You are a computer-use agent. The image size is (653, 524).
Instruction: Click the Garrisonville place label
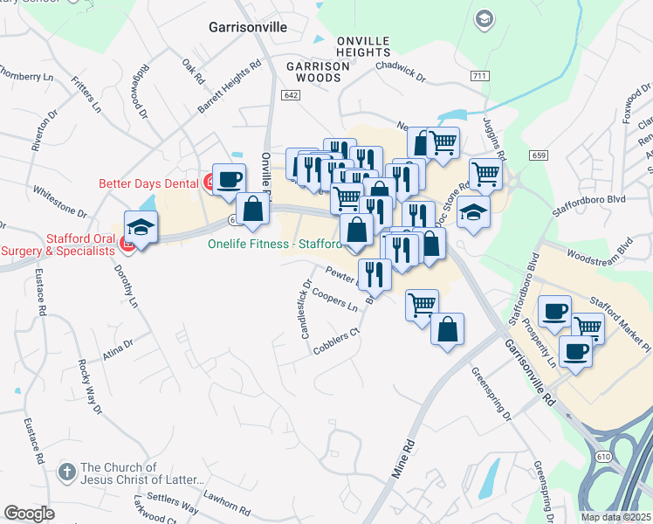[x=248, y=27]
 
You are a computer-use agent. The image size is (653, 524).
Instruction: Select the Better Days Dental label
[x=149, y=183]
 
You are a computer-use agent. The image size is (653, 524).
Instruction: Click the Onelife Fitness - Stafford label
[x=273, y=244]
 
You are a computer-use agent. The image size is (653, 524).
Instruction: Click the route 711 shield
[x=478, y=78]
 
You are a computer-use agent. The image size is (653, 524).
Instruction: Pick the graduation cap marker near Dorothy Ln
[x=140, y=228]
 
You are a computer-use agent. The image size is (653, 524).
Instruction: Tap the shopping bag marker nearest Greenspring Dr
[x=447, y=330]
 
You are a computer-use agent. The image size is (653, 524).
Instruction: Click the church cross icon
[x=66, y=473]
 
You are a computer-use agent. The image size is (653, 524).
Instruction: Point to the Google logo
[x=30, y=513]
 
